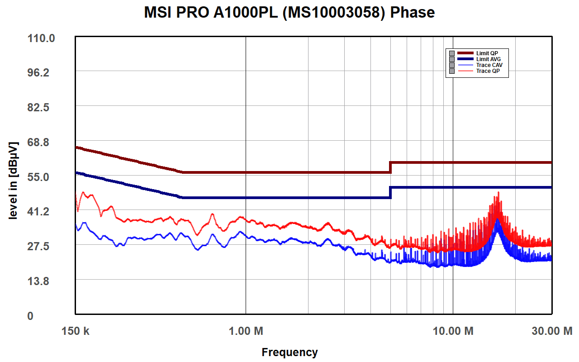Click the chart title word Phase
[412, 13]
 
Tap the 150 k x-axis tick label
[75, 331]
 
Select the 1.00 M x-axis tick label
[246, 331]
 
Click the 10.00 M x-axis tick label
[453, 331]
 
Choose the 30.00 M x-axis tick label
[551, 331]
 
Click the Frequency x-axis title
[289, 352]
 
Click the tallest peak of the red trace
[498, 193]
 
